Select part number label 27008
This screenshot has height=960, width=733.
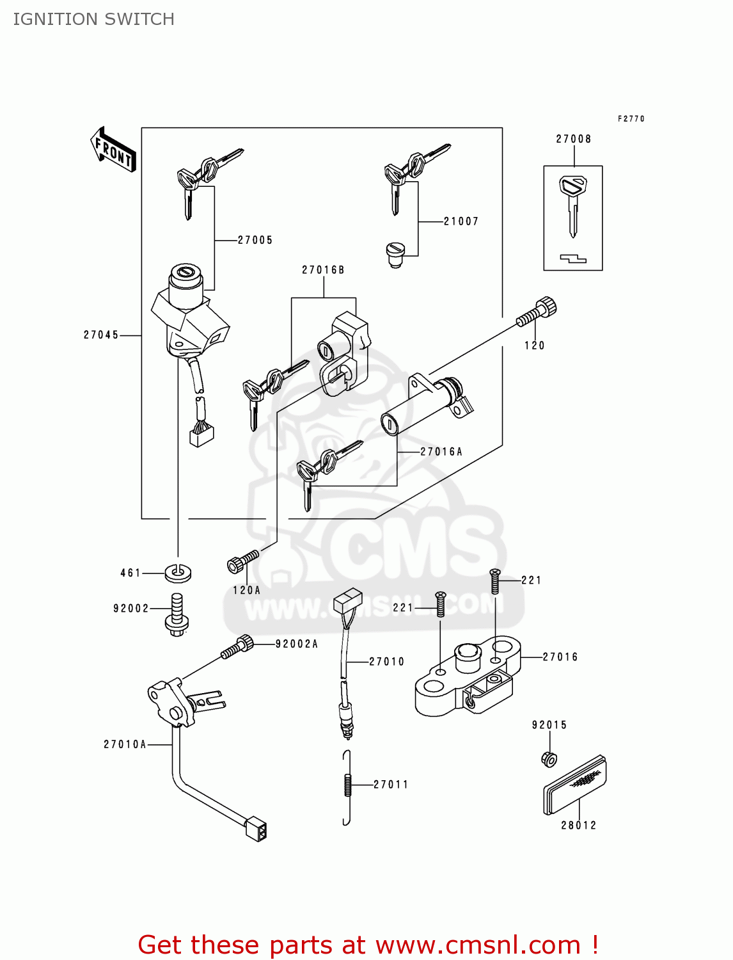tap(573, 139)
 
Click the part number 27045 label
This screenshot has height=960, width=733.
tap(101, 335)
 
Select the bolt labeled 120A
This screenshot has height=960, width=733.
tap(243, 561)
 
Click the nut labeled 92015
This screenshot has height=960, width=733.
tap(549, 759)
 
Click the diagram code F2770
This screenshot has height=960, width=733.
tap(631, 119)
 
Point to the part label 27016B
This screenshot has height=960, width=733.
tap(323, 270)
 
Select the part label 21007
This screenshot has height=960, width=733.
tap(461, 221)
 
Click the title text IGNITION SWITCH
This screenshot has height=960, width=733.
tap(94, 19)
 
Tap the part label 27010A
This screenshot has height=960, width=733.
tap(125, 744)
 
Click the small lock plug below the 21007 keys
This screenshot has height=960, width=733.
tap(394, 254)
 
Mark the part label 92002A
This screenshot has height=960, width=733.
tap(297, 644)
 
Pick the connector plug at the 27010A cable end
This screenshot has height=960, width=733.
tap(256, 828)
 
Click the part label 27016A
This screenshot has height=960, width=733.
tap(441, 452)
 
